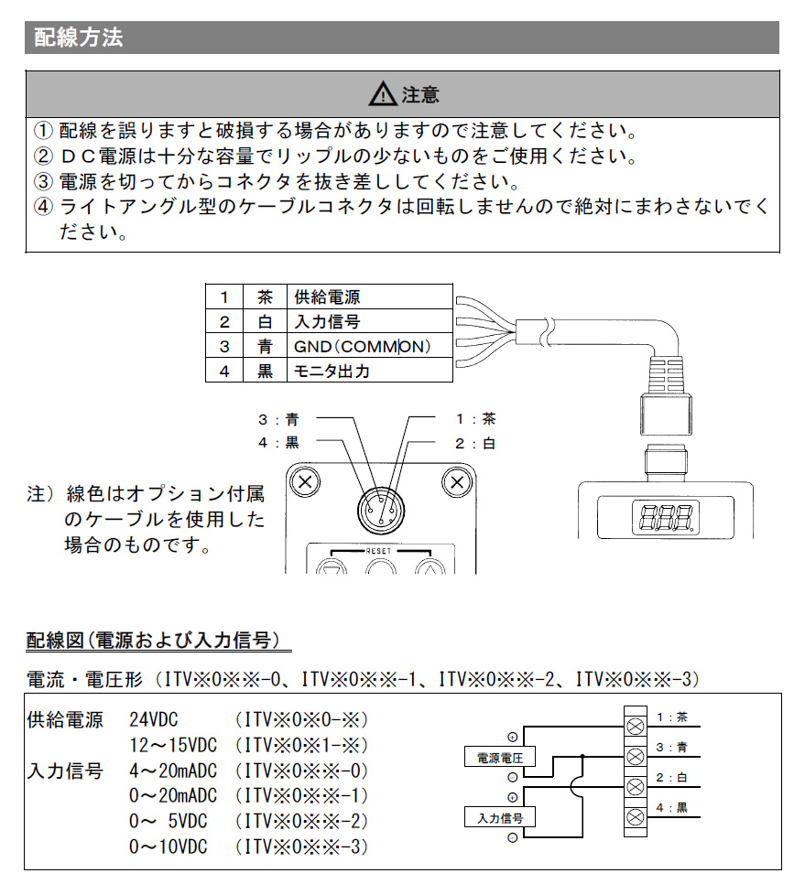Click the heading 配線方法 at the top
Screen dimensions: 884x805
[x=78, y=38]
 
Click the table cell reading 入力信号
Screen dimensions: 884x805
[x=327, y=322]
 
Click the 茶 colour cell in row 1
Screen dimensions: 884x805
[x=265, y=297]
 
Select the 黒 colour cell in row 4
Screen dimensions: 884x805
[x=265, y=372]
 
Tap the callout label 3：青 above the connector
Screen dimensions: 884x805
[x=278, y=420]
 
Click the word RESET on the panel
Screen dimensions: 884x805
[x=378, y=551]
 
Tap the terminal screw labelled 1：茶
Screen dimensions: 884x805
[x=634, y=726]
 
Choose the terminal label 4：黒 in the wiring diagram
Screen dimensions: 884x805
[x=671, y=807]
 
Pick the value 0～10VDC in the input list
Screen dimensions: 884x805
[x=169, y=846]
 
